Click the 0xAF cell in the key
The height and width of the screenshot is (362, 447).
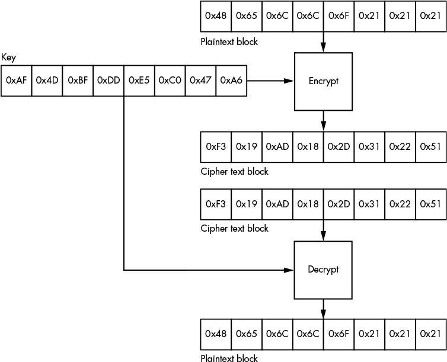coord(16,81)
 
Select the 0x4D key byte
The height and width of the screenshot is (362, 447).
coord(47,81)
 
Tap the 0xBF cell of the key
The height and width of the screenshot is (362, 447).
coord(78,81)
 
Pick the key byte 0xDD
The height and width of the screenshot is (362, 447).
coord(108,81)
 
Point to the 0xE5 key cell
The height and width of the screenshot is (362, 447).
coord(139,81)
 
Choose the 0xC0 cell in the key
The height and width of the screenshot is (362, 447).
coord(170,81)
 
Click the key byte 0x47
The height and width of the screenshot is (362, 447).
coord(201,81)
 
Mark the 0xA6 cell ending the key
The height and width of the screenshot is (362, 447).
coord(231,81)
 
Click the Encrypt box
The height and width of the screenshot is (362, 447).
coord(323,81)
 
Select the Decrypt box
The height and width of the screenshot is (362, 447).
coord(323,270)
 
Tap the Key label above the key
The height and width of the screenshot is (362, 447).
coord(8,58)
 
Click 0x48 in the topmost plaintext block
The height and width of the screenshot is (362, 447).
coord(216,16)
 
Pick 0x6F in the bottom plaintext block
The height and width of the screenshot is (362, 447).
coord(339,334)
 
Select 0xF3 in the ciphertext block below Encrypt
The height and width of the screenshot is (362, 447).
coord(216,147)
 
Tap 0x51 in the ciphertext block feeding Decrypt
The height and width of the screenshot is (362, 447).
coord(431,204)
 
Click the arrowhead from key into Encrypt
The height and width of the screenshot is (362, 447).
coord(289,81)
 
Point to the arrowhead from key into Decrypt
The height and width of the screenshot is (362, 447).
coord(289,270)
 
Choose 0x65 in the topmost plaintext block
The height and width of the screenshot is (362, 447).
coord(247,16)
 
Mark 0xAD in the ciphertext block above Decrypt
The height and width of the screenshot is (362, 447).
coord(277,204)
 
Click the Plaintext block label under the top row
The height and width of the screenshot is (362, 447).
coord(229,42)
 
